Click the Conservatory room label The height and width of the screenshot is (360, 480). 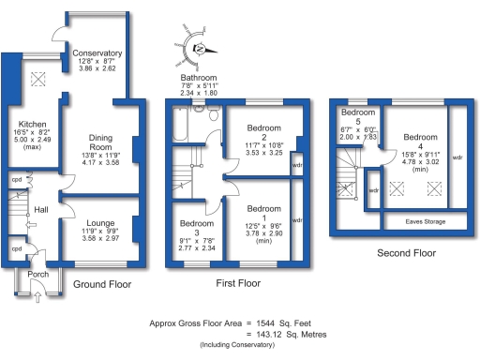click(97, 54)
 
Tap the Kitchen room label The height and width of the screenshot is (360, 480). click(25, 124)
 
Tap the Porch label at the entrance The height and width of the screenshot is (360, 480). click(38, 275)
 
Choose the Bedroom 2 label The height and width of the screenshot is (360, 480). click(263, 128)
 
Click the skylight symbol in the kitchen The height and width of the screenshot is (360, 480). click(39, 80)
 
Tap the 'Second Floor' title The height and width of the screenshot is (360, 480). click(407, 253)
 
